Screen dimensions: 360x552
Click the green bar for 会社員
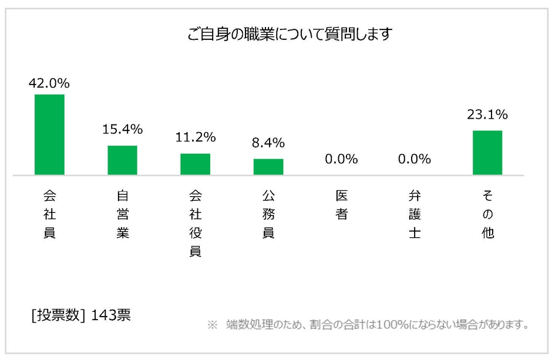tap(49, 134)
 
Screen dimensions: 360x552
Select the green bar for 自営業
tap(122, 160)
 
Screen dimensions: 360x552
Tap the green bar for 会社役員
tap(195, 164)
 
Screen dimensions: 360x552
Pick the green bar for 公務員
tap(268, 167)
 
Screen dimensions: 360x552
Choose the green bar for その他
tap(487, 153)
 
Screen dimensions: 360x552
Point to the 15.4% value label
tap(122, 129)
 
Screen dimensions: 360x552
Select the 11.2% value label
tap(195, 137)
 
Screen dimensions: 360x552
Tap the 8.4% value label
tap(268, 143)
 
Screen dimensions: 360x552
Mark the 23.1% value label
tap(487, 115)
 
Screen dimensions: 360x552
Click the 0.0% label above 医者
tap(341, 159)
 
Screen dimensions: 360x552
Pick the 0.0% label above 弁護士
tap(414, 159)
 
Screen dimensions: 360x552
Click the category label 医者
tap(341, 204)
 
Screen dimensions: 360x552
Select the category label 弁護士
tap(414, 214)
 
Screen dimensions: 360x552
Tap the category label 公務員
tap(268, 214)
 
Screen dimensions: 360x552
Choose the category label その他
tap(487, 214)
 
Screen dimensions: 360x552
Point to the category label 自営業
tap(122, 214)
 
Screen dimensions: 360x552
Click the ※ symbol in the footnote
tap(213, 324)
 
